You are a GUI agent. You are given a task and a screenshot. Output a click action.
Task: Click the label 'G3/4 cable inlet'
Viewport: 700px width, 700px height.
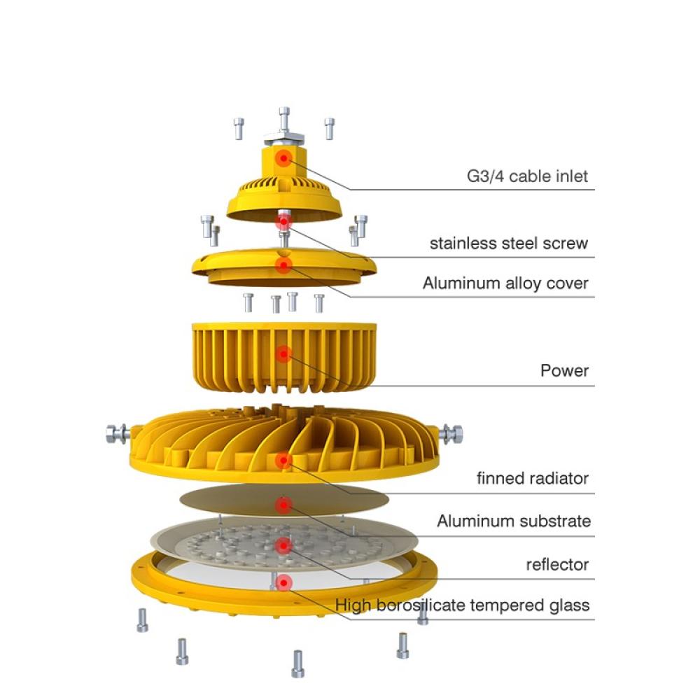coord(527,176)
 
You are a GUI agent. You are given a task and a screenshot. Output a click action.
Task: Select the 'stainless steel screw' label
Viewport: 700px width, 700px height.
coord(508,244)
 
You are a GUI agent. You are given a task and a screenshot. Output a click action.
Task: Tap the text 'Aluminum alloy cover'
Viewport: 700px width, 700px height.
coord(505,283)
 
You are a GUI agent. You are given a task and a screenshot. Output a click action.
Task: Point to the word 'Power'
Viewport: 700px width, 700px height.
coord(564,370)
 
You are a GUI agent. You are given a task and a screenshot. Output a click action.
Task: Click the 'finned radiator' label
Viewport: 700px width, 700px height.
coord(533,478)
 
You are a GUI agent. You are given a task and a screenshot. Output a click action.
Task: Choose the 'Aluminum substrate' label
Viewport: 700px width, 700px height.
coord(514,521)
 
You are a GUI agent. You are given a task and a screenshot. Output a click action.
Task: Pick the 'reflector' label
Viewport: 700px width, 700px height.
coord(557,565)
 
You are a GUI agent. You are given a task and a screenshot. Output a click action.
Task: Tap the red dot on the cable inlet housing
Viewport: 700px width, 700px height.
coord(283,158)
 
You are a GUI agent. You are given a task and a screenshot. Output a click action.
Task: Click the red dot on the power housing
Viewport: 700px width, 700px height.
coord(283,354)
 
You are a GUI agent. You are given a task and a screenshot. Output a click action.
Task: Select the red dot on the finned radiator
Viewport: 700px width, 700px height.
coord(283,461)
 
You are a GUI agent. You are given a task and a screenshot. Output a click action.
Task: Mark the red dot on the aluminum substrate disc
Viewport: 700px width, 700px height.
coord(283,505)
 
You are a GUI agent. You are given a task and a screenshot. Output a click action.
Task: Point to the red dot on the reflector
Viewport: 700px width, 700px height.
coord(283,545)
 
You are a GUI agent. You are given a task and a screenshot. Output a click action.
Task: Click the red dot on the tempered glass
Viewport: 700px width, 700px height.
coord(283,582)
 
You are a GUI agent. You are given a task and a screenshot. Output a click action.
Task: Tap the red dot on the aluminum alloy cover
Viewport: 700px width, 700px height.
coord(283,265)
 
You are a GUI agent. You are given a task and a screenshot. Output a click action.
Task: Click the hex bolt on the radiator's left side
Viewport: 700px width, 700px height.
coord(117,433)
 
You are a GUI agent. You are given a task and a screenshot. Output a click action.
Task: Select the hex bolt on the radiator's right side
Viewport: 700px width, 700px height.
coord(451,435)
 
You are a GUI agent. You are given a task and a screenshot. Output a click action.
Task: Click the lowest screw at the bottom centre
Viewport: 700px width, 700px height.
coord(297,664)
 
